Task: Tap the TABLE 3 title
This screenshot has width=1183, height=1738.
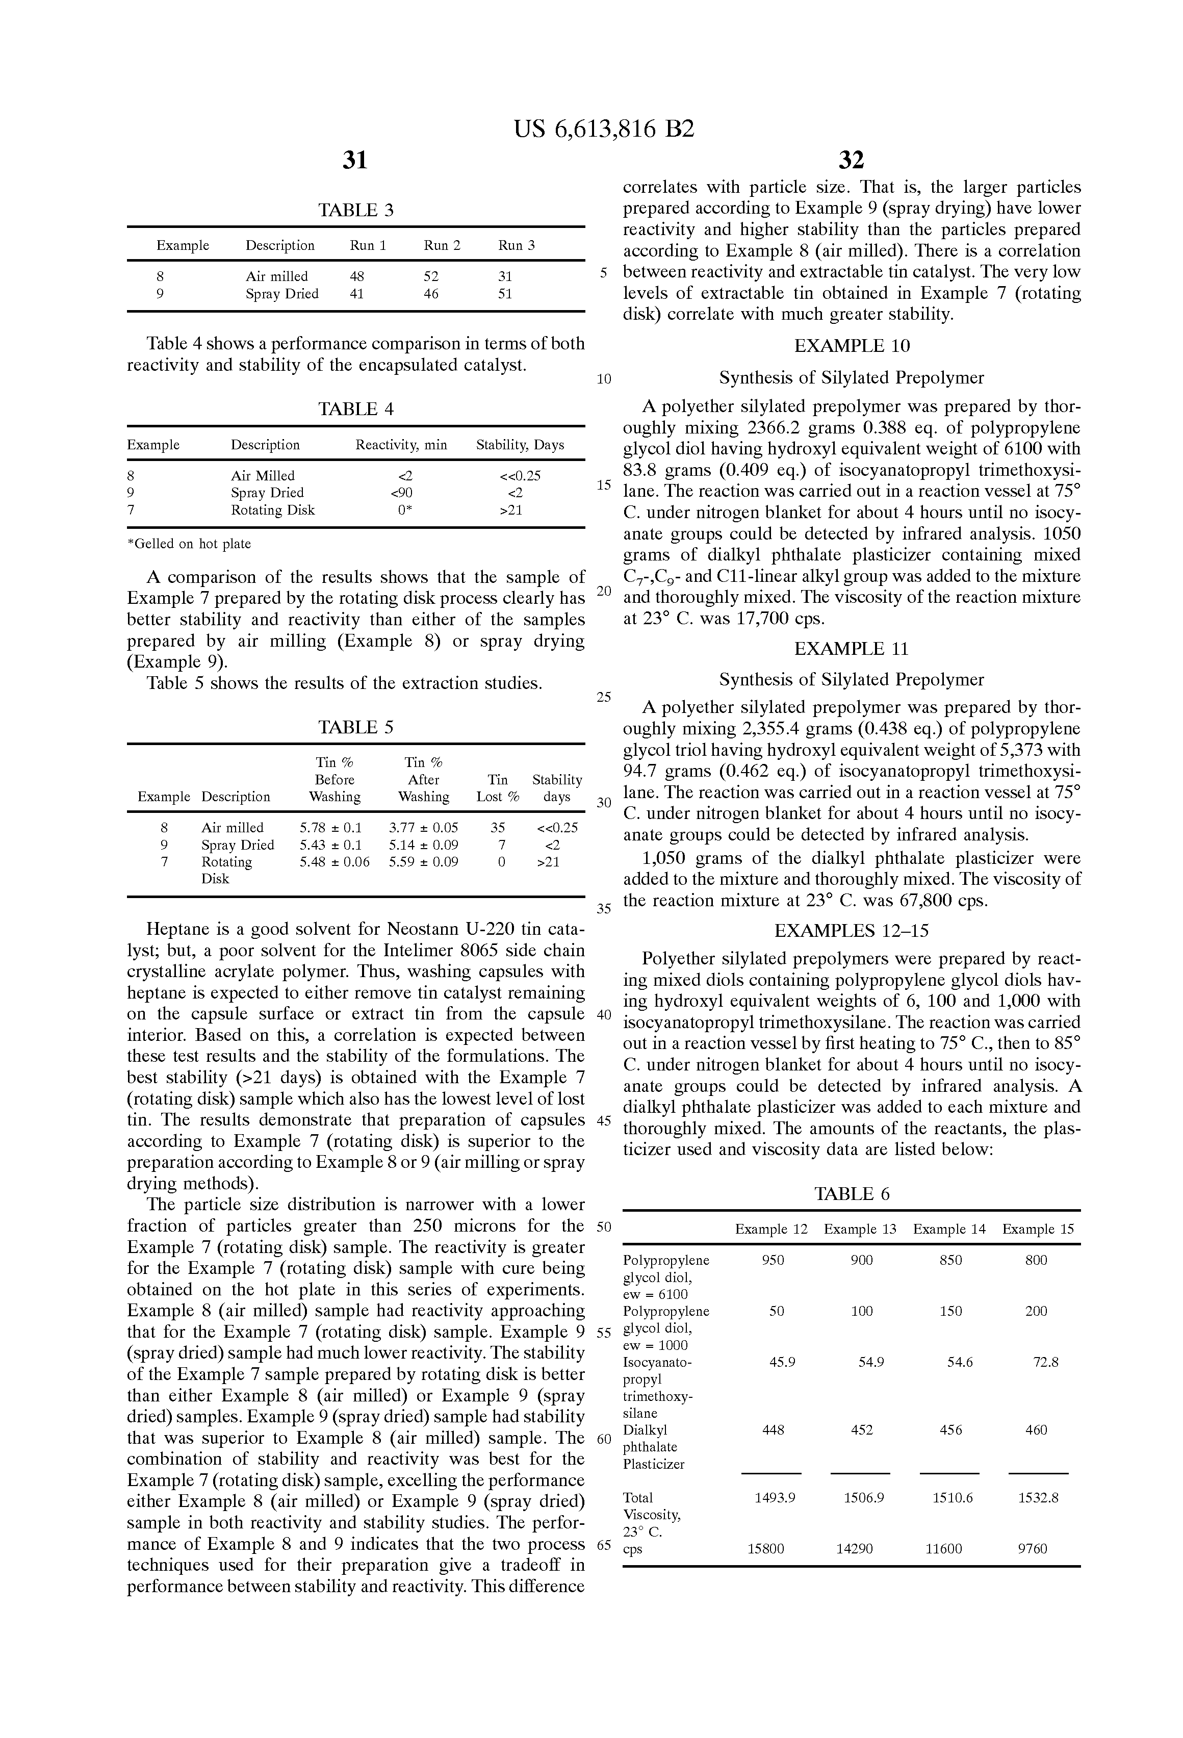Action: (355, 210)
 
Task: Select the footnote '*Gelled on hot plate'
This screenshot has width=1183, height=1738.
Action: (189, 544)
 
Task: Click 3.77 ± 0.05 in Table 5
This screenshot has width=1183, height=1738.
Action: (423, 828)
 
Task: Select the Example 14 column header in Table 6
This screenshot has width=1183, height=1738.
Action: (949, 1229)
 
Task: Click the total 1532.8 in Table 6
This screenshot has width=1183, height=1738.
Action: (1038, 1498)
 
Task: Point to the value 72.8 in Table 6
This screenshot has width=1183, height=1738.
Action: (1045, 1362)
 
